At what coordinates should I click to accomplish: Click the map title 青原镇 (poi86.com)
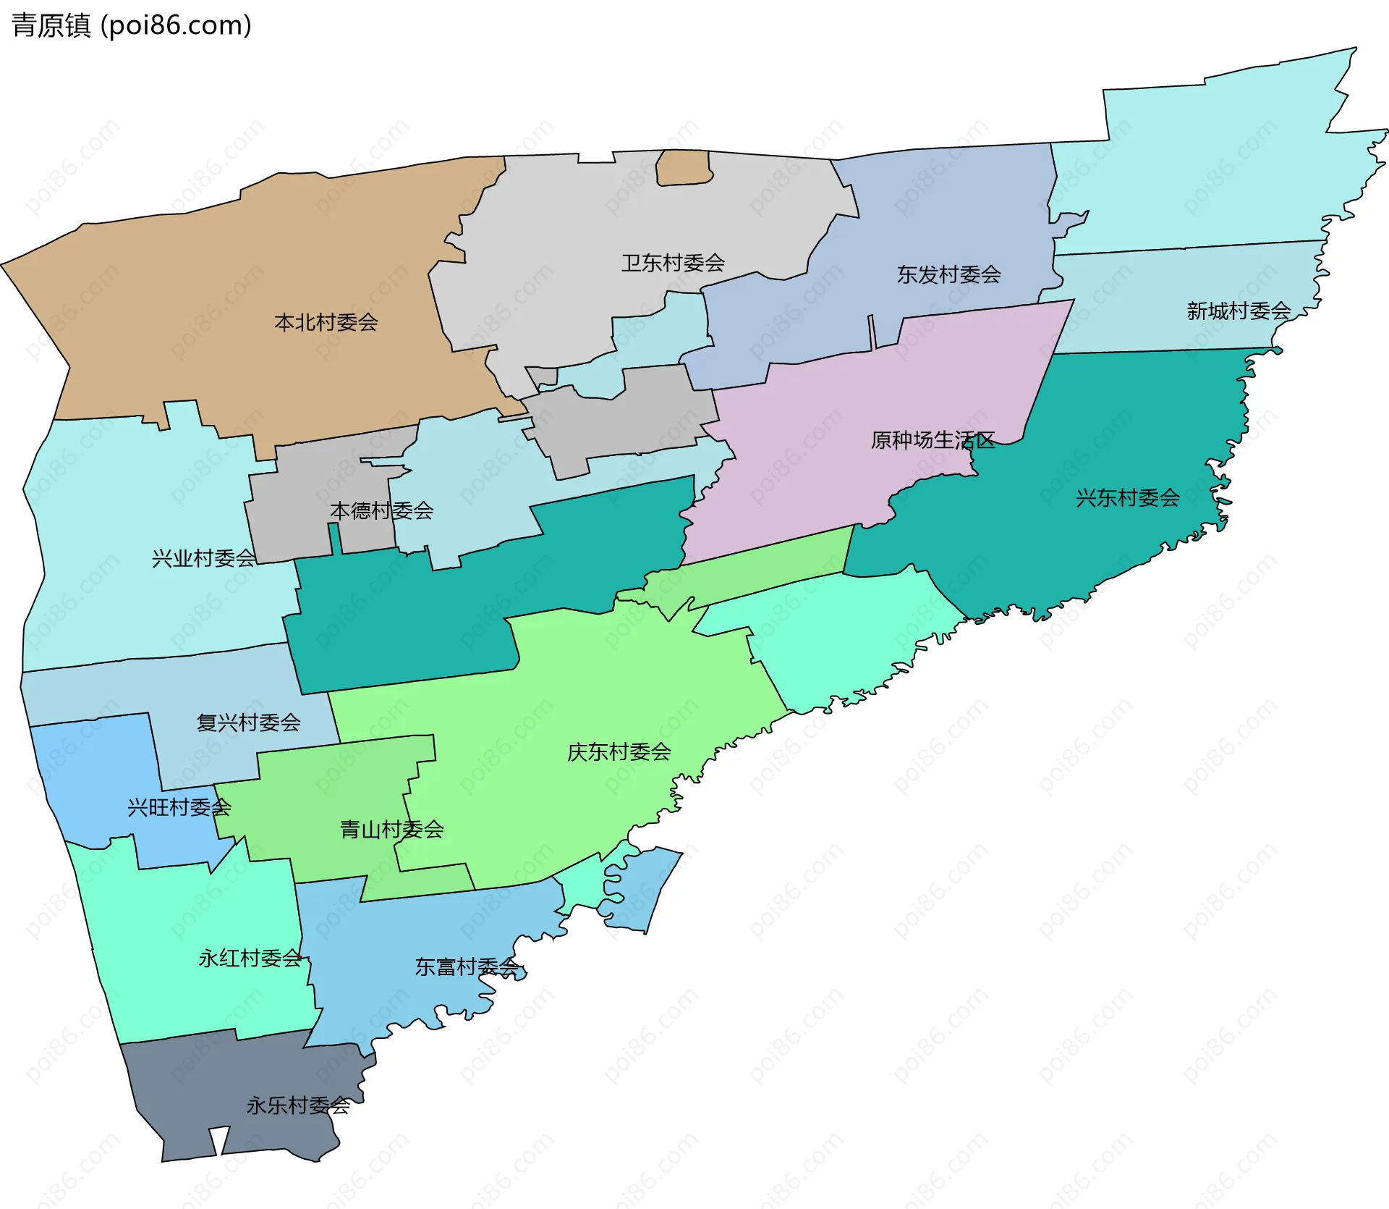pos(132,25)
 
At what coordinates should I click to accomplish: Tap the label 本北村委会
pos(326,322)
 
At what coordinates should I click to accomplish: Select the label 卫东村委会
pos(673,263)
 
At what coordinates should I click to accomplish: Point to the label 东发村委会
pos(948,274)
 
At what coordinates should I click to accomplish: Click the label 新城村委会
pos(1238,311)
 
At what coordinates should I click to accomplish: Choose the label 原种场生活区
pos(933,440)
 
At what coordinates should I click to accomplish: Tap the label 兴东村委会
pos(1127,498)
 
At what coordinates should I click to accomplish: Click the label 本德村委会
pos(381,511)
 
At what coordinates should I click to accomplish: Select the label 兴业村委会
pos(203,558)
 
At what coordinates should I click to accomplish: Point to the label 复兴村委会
pos(248,723)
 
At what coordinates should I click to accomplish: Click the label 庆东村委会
pos(619,752)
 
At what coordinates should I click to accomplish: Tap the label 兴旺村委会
pos(179,807)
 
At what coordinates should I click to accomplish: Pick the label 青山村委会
pos(391,830)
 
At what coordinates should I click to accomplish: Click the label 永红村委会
pos(250,959)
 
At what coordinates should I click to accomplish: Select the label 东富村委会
pos(467,967)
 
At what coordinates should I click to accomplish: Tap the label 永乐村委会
pos(298,1105)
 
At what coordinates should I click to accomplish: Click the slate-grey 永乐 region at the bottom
pos(217,1086)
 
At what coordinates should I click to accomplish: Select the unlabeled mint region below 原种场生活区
pos(839,637)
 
